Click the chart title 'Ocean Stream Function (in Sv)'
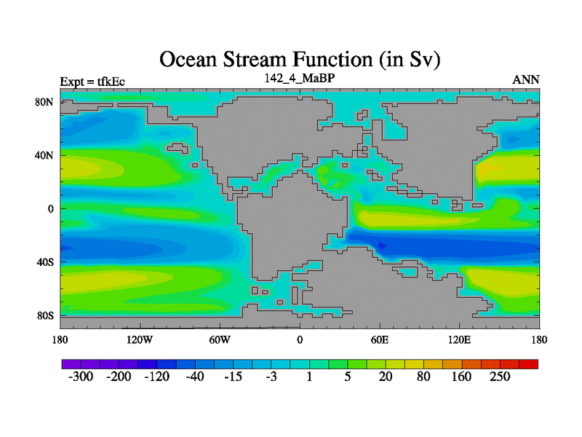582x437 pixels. (x=300, y=60)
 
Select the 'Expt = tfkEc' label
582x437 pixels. (x=92, y=82)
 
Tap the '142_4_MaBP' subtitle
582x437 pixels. (x=300, y=78)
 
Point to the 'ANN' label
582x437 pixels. (x=525, y=79)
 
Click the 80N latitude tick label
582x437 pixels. (x=44, y=102)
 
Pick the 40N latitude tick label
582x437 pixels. (x=44, y=155)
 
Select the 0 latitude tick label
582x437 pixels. (x=50, y=209)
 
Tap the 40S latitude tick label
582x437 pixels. (x=45, y=262)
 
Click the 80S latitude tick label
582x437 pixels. (x=45, y=316)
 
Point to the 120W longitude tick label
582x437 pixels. (x=140, y=339)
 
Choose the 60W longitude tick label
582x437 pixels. (x=220, y=339)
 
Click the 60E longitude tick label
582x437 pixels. (x=380, y=339)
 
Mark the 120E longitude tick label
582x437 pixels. (x=460, y=339)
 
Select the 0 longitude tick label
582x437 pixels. (x=300, y=339)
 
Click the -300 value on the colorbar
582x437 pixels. (x=81, y=377)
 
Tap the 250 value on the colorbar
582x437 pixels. (x=500, y=377)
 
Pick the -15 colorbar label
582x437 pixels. (x=233, y=377)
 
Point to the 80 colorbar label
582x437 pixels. (x=423, y=377)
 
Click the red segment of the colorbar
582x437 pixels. (x=529, y=364)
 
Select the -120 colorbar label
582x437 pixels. (x=156, y=377)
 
